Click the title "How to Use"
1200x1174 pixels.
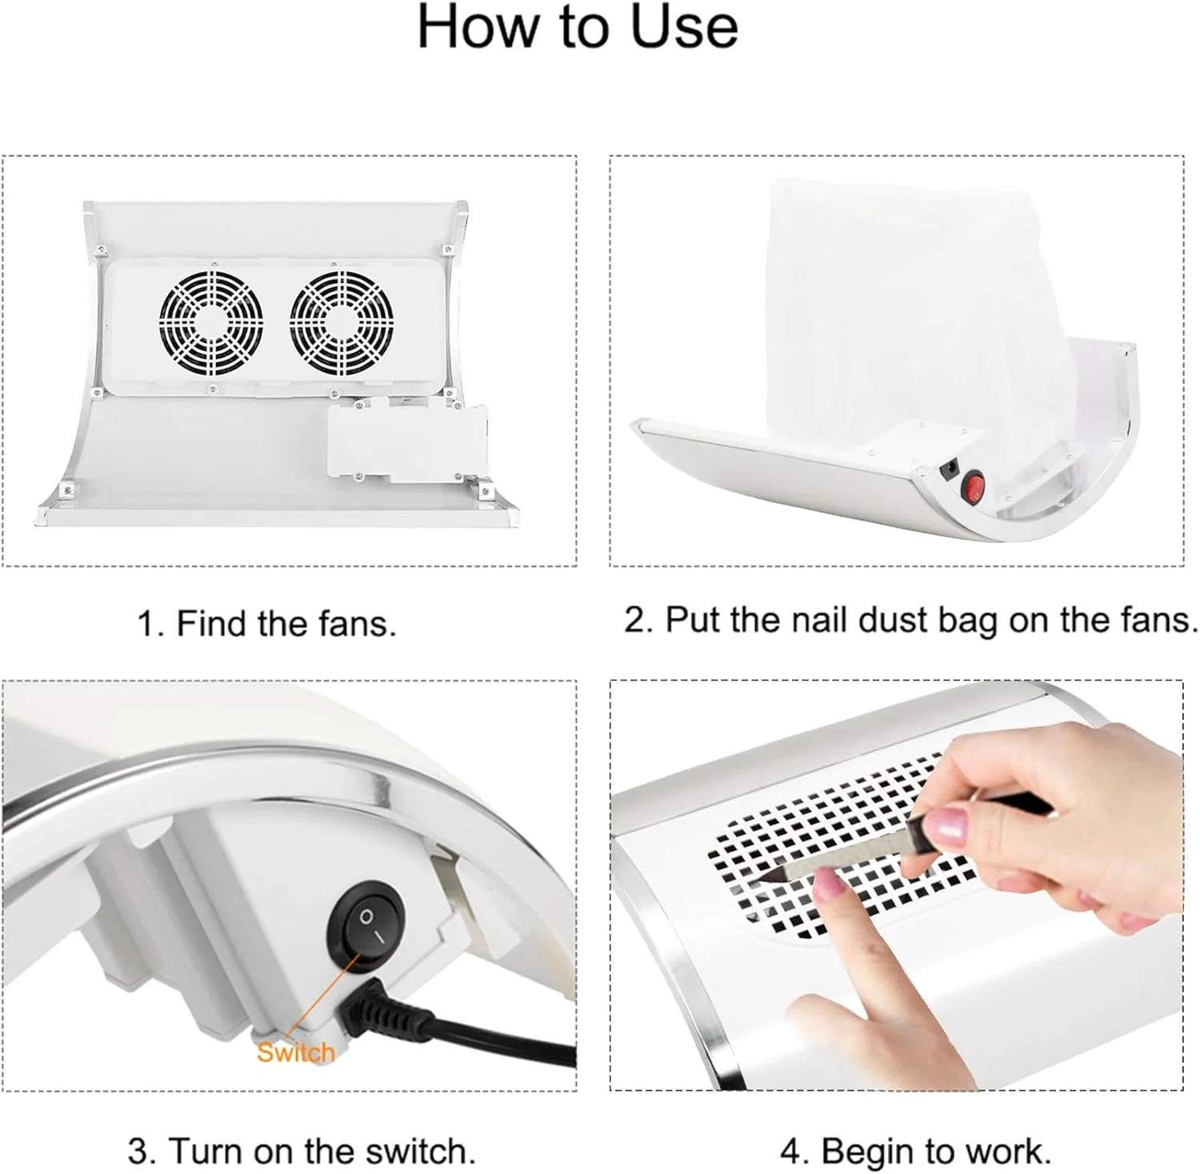[577, 26]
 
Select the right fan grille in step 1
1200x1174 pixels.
[342, 322]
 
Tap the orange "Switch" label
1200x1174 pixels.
[295, 1052]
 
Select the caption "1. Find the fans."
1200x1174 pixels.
[266, 623]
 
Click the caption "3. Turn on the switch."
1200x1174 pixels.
[302, 1152]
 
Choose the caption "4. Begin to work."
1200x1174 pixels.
[915, 1152]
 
